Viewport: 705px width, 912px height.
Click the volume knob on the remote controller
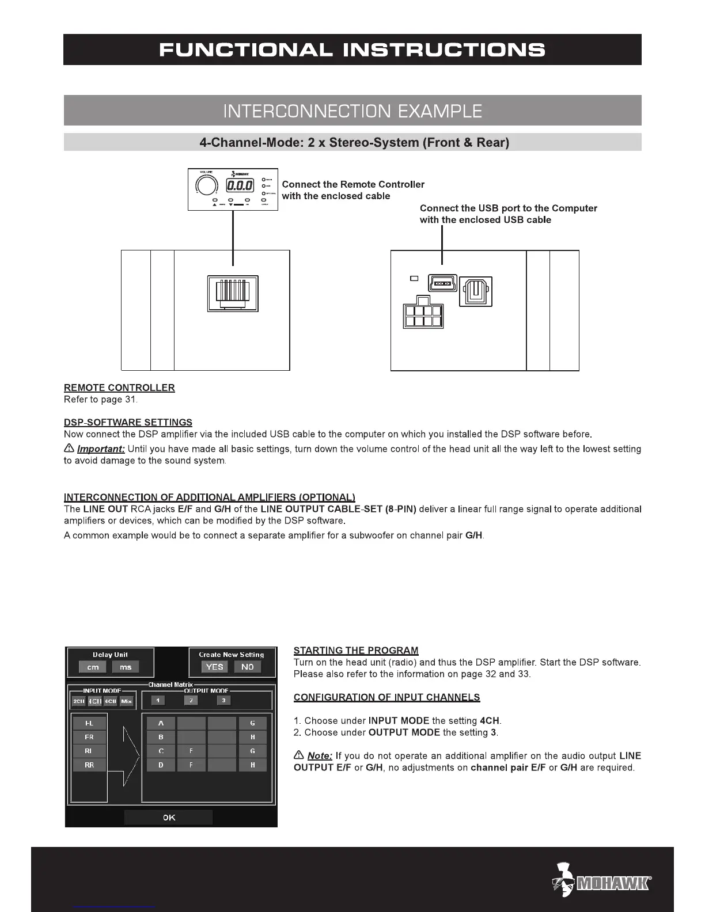tap(206, 185)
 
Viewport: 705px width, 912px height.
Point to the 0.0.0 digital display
tap(240, 185)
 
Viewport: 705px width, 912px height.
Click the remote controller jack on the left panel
tap(233, 292)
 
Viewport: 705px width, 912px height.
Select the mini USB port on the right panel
tap(442, 283)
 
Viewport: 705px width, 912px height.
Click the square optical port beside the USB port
tap(476, 291)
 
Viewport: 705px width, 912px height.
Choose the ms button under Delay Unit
tap(126, 667)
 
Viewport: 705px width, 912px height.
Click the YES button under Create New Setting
tap(214, 667)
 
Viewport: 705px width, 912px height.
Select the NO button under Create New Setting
tap(248, 667)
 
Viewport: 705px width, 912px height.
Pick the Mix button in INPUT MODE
tap(127, 701)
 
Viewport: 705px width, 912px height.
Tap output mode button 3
tap(223, 700)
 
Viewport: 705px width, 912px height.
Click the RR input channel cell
tap(89, 765)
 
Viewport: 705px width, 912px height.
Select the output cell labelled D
tap(161, 765)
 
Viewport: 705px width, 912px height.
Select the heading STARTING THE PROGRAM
tap(355, 651)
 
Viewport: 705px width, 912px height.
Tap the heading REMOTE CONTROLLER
tap(119, 387)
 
